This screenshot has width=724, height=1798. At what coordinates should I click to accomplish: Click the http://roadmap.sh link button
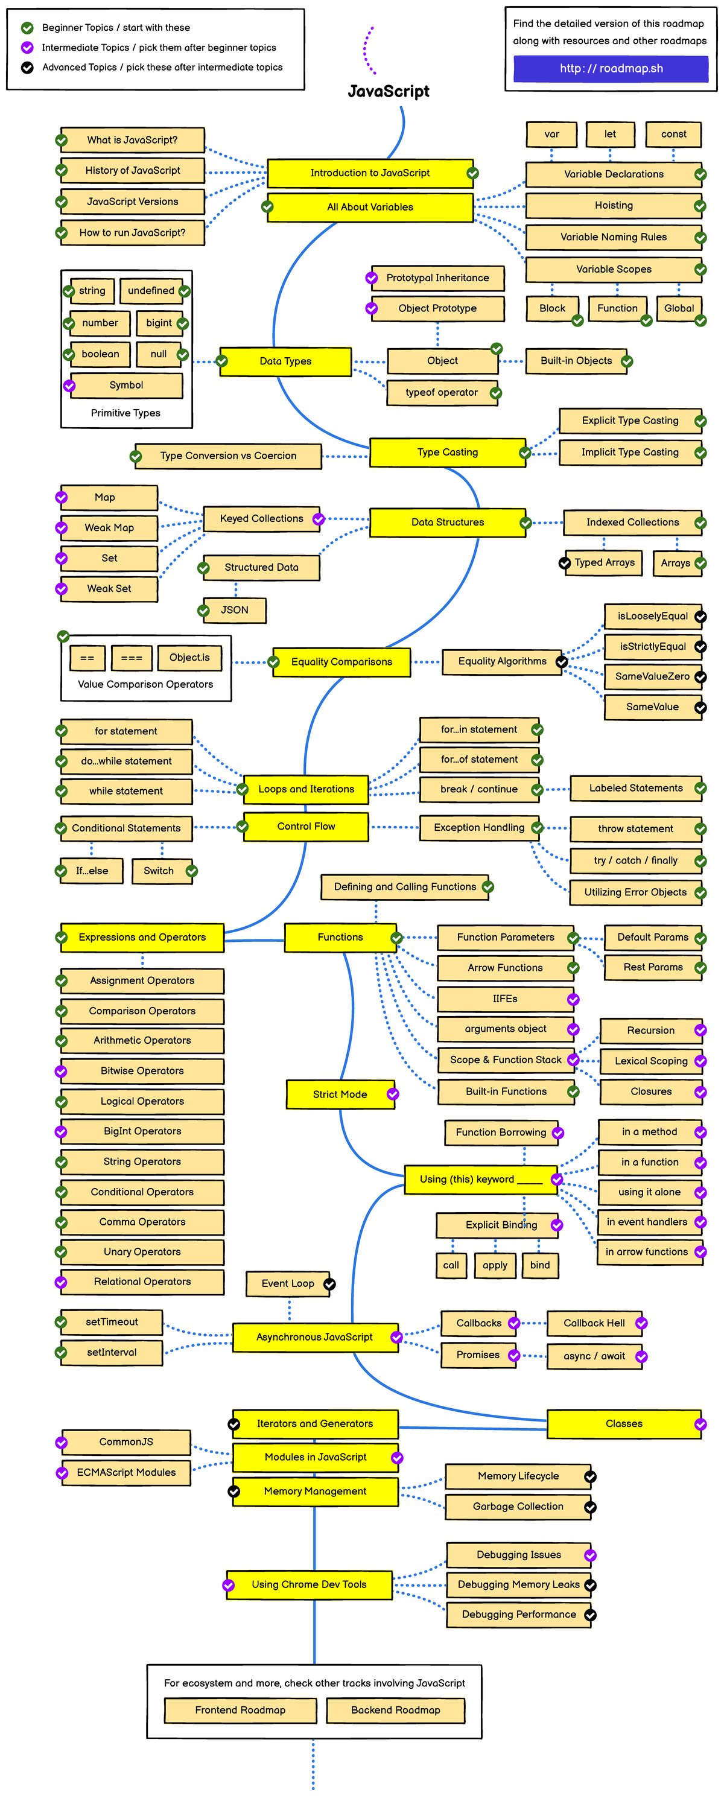coord(611,68)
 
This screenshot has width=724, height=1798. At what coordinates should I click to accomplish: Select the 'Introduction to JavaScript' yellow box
coord(370,173)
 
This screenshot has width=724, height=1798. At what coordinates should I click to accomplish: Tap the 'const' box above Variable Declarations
coord(673,134)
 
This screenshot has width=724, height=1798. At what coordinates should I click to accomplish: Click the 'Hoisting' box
coord(613,205)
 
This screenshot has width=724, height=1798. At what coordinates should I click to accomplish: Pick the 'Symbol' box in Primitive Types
coord(125,386)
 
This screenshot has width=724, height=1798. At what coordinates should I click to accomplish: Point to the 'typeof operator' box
coord(442,392)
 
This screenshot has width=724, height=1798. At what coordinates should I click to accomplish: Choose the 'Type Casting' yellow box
coord(447,453)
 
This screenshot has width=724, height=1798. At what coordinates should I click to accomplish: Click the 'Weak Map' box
coord(109,528)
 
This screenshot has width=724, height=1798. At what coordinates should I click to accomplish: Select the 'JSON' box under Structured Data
coord(235,610)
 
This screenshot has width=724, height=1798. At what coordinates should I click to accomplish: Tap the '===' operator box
coord(132,658)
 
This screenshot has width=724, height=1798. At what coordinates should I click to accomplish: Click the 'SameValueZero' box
coord(652,676)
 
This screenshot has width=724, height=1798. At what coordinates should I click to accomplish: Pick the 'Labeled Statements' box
coord(635,788)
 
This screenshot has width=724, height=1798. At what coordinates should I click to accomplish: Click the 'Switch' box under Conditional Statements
coord(159,871)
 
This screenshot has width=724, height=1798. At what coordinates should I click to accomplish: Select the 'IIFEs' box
coord(505,999)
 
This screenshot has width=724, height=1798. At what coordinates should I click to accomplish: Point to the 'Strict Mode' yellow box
coord(339,1094)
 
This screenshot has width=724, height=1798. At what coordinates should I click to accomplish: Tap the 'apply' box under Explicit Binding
coord(494,1265)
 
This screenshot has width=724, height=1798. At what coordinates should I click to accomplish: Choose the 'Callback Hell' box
coord(594,1323)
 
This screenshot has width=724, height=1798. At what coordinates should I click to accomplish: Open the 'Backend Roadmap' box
coord(395,1710)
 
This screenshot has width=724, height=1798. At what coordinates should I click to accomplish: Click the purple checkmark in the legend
coord(27,48)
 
